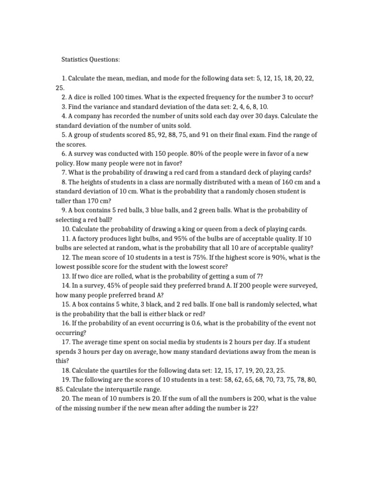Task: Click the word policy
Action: pyautogui.click(x=64, y=163)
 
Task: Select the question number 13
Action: pyautogui.click(x=66, y=276)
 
